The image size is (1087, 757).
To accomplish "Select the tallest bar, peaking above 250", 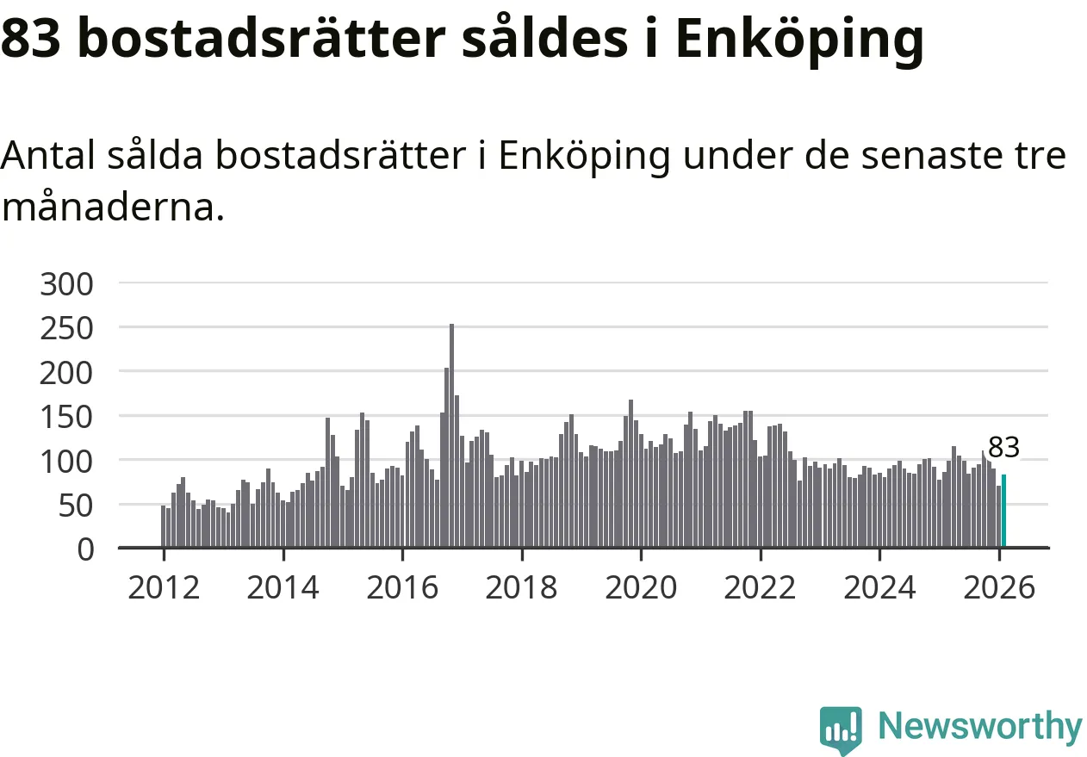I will (451, 435).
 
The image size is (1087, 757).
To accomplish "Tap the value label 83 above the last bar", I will (1003, 448).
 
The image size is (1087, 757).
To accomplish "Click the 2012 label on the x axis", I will (164, 588).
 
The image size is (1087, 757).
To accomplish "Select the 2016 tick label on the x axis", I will (402, 588).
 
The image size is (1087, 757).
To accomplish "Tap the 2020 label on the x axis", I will (641, 588).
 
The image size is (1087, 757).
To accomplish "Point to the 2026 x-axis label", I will (999, 588).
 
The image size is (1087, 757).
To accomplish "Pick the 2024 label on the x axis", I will (879, 588).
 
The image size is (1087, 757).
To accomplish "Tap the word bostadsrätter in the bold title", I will (262, 38).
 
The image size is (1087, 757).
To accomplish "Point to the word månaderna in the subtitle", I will (112, 208).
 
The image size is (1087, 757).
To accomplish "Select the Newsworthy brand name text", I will (979, 726).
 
